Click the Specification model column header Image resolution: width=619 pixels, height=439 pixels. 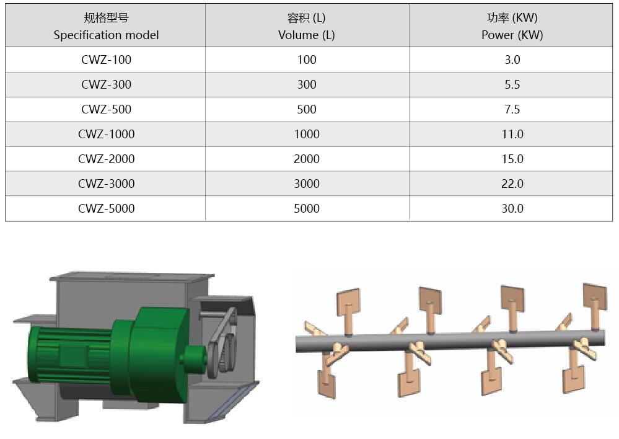click(106, 26)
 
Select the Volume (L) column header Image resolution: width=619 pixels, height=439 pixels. click(306, 26)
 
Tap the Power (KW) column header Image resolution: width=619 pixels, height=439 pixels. click(512, 26)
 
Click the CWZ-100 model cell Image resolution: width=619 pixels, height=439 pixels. click(106, 60)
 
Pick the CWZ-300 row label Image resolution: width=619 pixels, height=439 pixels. click(106, 84)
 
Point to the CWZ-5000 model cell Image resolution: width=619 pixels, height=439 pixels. click(106, 208)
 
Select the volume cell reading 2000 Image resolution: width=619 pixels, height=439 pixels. click(306, 159)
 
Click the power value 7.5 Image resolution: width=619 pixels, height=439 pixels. click(512, 110)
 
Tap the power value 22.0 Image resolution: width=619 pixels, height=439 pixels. click(512, 184)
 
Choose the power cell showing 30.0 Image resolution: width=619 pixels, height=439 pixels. click(512, 208)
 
